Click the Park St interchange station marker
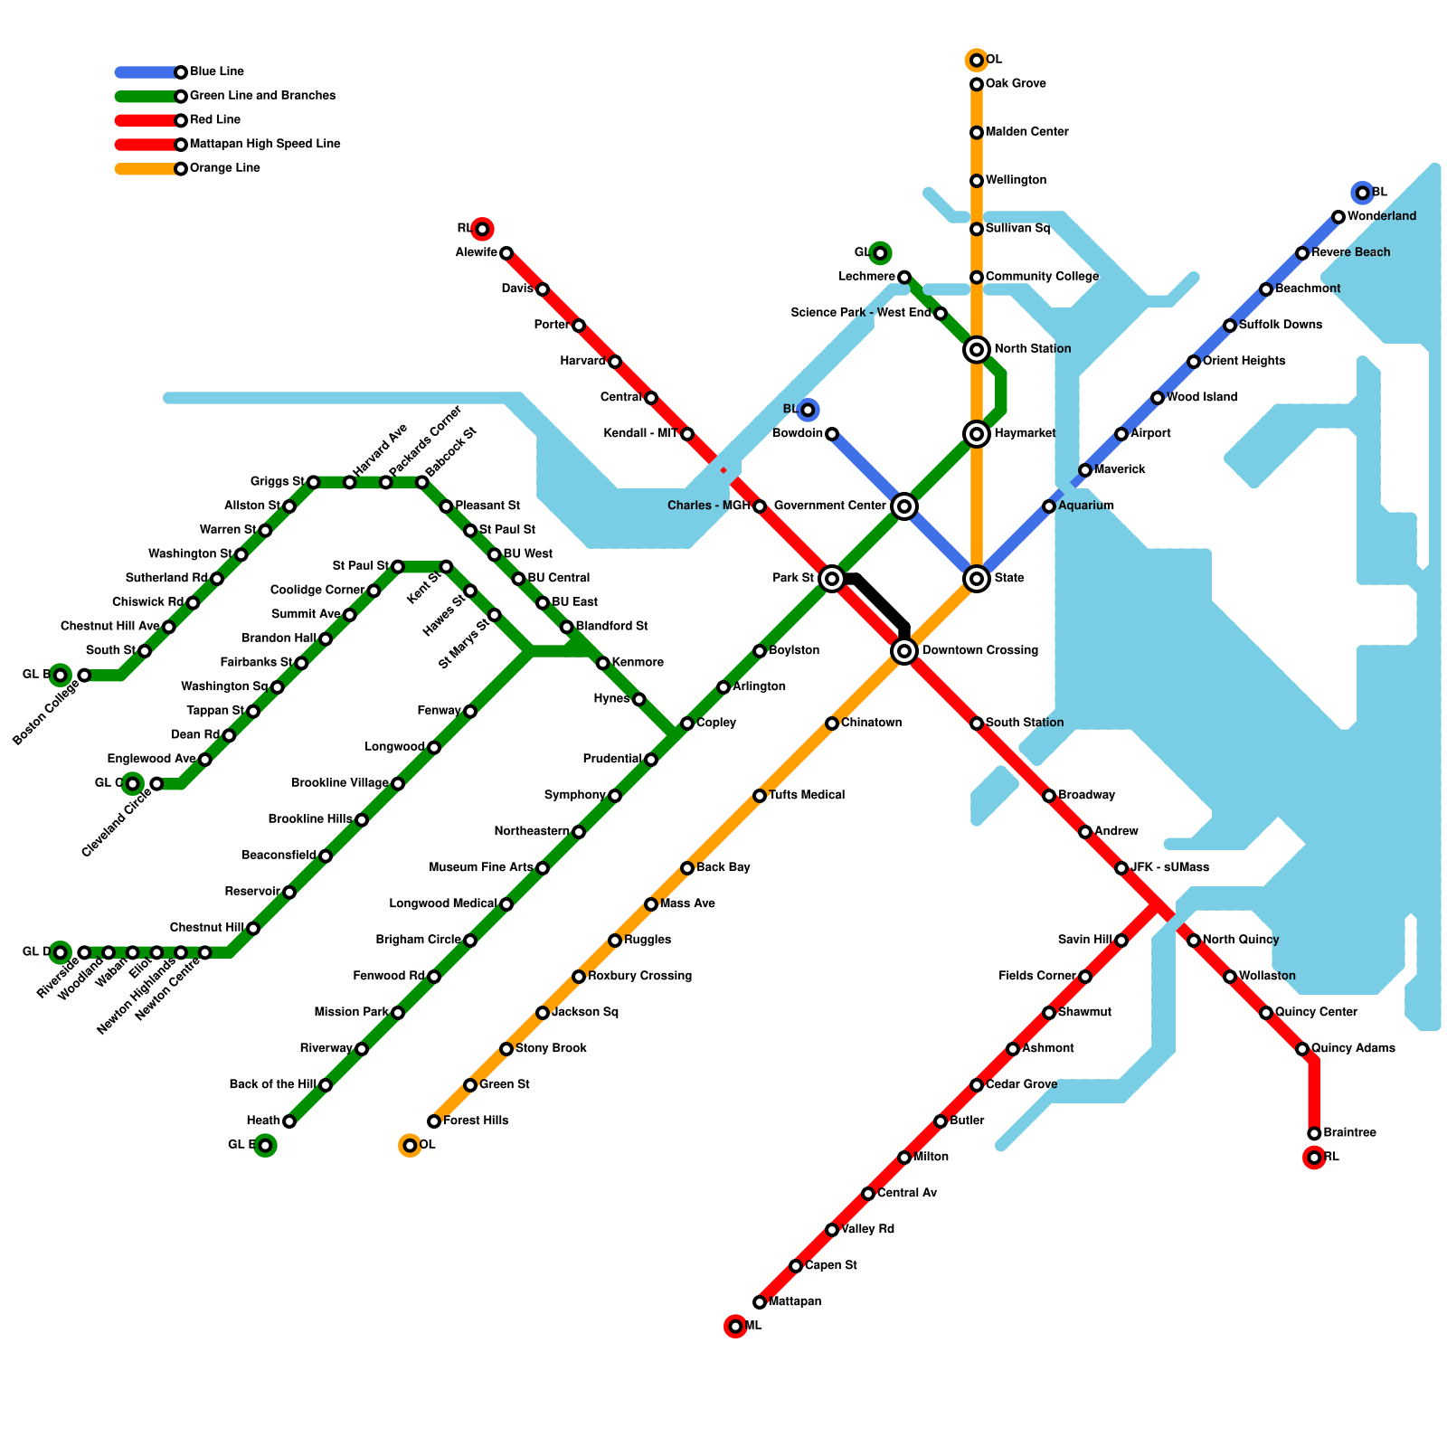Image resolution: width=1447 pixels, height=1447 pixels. pyautogui.click(x=832, y=578)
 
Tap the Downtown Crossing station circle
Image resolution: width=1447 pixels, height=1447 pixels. pyautogui.click(x=904, y=650)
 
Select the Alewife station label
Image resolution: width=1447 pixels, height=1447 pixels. pyautogui.click(x=476, y=252)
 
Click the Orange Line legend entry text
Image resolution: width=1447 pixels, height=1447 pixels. pyautogui.click(x=224, y=168)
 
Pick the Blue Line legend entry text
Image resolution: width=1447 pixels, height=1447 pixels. pyautogui.click(x=216, y=71)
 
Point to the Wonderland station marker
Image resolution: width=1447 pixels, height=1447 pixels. pyautogui.click(x=1338, y=217)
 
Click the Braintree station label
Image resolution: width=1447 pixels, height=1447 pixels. pyautogui.click(x=1349, y=1133)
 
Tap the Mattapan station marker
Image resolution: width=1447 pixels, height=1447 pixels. pyautogui.click(x=760, y=1302)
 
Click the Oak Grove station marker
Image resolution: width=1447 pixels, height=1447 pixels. pyautogui.click(x=977, y=84)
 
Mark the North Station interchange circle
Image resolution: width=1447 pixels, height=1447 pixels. pyautogui.click(x=977, y=349)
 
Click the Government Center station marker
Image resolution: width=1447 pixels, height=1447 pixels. pyautogui.click(x=904, y=506)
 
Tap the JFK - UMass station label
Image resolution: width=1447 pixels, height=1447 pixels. pyautogui.click(x=1169, y=867)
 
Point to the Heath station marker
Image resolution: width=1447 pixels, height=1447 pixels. pyautogui.click(x=288, y=1121)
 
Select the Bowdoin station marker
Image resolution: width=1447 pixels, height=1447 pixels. pyautogui.click(x=832, y=434)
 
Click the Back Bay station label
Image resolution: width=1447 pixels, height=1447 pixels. pyautogui.click(x=723, y=867)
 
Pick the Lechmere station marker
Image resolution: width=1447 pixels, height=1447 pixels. pyautogui.click(x=904, y=277)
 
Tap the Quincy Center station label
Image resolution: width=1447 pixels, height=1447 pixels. pyautogui.click(x=1316, y=1012)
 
